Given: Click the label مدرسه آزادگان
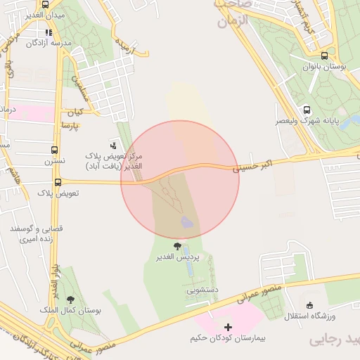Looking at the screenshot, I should tap(49, 44).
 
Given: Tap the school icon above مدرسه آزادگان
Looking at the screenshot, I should tap(48, 32).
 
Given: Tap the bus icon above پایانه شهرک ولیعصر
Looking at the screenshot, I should tap(307, 110).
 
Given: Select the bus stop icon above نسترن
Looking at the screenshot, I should tap(55, 150).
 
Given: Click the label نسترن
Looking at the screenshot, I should tap(55, 161).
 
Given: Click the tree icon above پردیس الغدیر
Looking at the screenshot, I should tap(177, 246).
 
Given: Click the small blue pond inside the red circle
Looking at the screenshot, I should tap(187, 223).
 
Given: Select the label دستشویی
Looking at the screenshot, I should tap(202, 289).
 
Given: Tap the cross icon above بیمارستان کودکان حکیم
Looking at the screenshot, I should tap(229, 327).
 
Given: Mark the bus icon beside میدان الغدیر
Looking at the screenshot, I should tap(45, 4).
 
